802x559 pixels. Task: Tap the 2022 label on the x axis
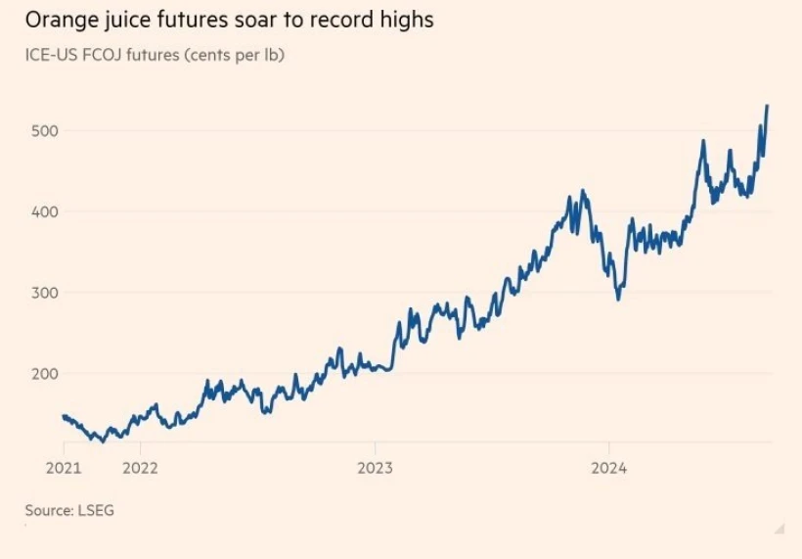(140, 467)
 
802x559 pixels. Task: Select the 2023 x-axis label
(375, 467)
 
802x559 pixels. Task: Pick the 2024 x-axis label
(609, 467)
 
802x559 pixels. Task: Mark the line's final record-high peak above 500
(767, 106)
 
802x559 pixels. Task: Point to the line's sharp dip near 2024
(617, 298)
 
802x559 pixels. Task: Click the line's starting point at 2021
(64, 416)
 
